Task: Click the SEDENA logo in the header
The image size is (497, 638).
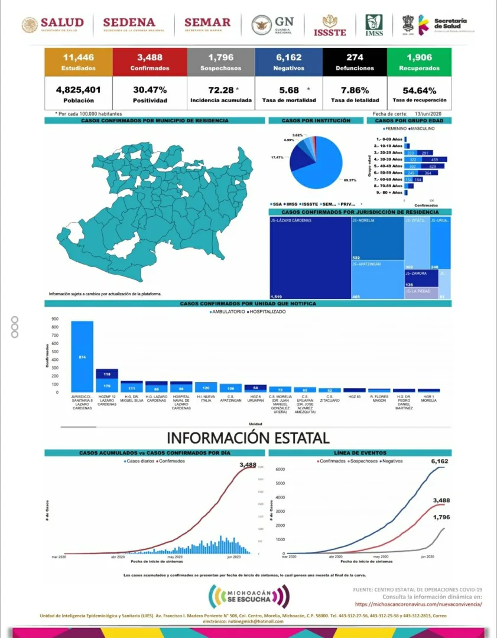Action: click(133, 24)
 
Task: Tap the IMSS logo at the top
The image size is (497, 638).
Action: click(373, 25)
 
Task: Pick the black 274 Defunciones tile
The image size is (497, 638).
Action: click(355, 61)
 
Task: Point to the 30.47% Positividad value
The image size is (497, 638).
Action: click(150, 90)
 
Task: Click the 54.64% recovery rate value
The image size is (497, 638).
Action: click(419, 90)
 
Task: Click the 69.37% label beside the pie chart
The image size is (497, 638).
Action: click(349, 180)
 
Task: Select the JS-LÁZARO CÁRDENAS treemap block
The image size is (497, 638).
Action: click(309, 257)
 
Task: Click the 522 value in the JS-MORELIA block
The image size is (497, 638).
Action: click(356, 258)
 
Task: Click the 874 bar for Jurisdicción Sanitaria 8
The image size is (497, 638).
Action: click(82, 357)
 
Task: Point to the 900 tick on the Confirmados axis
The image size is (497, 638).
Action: click(55, 319)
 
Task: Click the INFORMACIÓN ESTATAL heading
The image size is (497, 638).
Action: click(248, 438)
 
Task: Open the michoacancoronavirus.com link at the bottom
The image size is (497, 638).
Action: click(418, 604)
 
